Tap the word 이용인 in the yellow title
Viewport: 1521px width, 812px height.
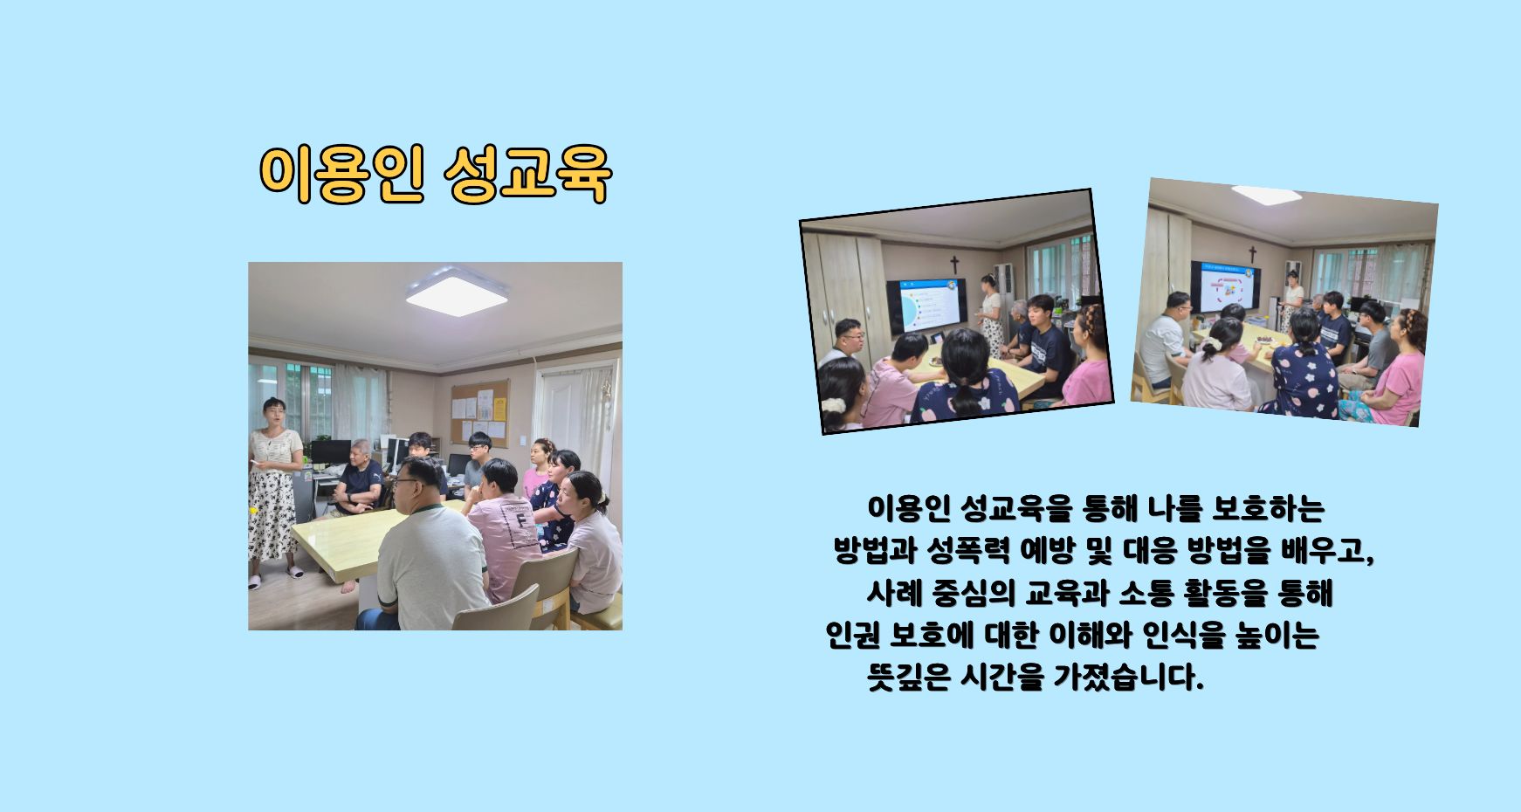tap(342, 175)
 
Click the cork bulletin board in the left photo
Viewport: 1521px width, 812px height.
tap(479, 412)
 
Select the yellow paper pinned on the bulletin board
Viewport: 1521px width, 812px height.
tap(499, 409)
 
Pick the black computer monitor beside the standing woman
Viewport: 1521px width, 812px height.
tap(330, 452)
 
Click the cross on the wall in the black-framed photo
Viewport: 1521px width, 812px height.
tap(954, 264)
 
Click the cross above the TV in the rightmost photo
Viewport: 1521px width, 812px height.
tap(1252, 254)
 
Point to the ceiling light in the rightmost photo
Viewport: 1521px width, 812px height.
tap(1266, 195)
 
